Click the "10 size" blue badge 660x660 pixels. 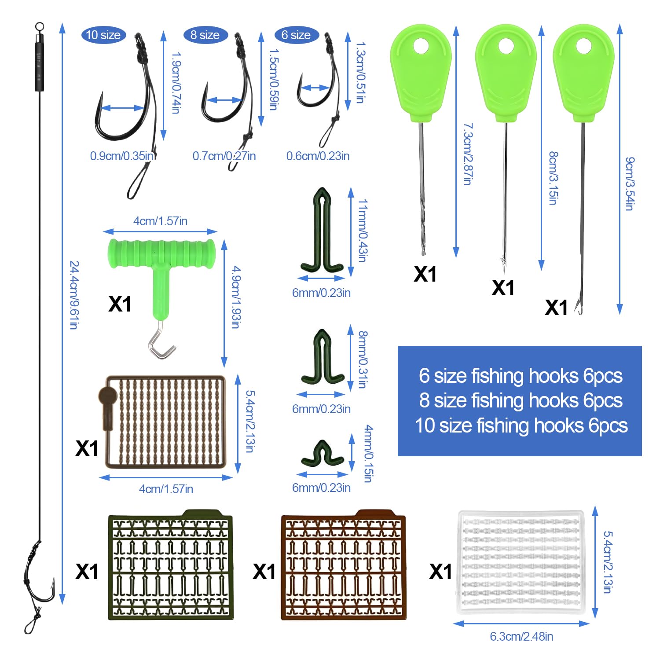[103, 35]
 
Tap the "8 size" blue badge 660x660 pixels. [205, 35]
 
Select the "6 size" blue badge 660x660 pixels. [296, 35]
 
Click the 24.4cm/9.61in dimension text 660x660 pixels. [74, 295]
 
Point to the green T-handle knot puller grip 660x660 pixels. [161, 254]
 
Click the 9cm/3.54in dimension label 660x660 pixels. [630, 183]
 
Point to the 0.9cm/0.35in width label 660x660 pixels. [121, 156]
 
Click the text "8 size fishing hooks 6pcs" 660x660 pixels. [521, 400]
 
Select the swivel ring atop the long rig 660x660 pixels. [39, 26]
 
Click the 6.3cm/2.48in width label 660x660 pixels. [521, 636]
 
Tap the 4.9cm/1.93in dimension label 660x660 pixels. [236, 297]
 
